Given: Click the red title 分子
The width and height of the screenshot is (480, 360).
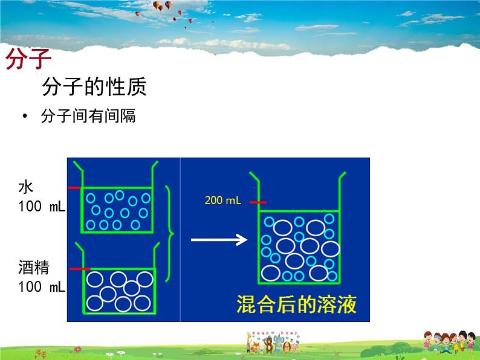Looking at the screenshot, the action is click(x=28, y=60).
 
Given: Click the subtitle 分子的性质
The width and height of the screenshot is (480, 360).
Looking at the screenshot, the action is click(x=94, y=88).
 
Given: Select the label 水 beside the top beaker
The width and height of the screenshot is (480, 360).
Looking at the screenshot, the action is click(x=25, y=186).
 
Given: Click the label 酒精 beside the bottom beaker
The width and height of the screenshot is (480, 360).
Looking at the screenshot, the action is click(x=34, y=266).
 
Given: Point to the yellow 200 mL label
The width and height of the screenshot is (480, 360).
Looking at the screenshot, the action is click(x=223, y=201).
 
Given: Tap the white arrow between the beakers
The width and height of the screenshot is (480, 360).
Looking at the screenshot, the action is click(x=218, y=240).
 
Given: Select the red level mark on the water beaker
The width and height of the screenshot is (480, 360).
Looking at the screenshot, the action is click(x=74, y=188).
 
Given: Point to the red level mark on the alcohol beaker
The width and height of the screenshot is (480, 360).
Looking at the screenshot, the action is click(x=80, y=268).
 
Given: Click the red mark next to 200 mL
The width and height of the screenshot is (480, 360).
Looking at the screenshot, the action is click(x=258, y=202).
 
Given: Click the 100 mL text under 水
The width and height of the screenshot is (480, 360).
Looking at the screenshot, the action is click(x=42, y=207).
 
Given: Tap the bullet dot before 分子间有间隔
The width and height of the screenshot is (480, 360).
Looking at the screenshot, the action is click(x=24, y=116).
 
